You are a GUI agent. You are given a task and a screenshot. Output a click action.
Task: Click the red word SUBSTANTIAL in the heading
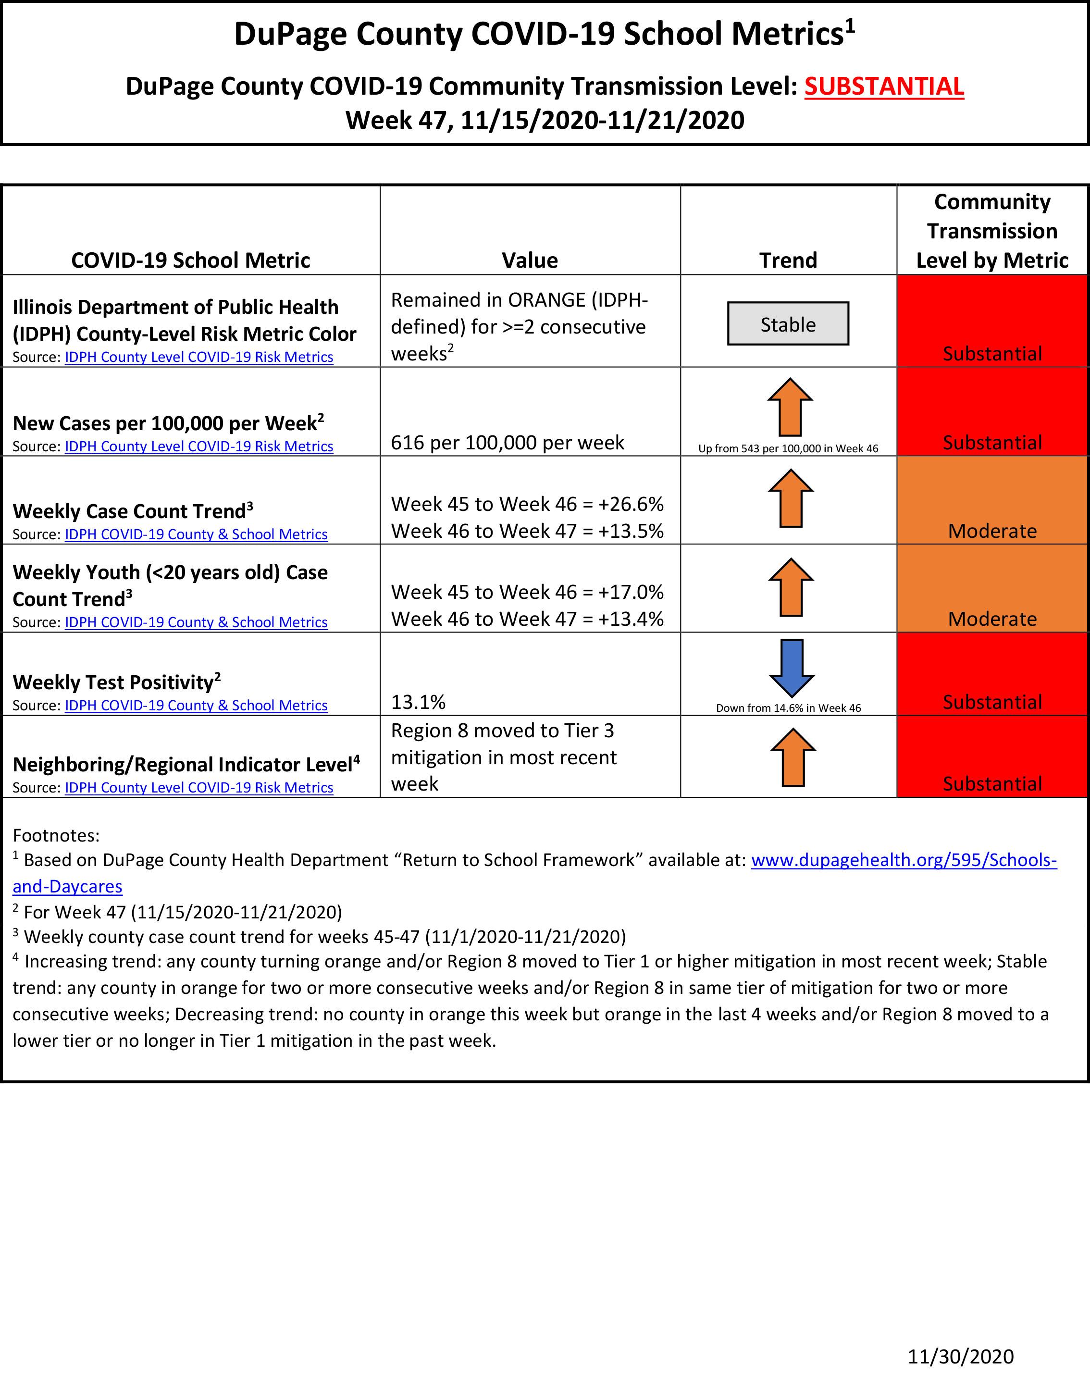(x=883, y=87)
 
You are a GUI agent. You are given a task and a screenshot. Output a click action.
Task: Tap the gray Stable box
(x=788, y=324)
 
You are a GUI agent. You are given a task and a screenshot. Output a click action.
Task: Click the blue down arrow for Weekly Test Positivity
(x=791, y=667)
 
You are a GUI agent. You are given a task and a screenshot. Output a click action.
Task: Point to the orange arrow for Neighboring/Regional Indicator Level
(x=793, y=757)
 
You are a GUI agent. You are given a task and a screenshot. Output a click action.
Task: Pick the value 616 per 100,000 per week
(x=507, y=443)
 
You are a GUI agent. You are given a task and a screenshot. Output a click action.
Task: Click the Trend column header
(x=788, y=260)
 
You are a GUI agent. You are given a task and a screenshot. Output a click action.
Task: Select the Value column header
(x=529, y=260)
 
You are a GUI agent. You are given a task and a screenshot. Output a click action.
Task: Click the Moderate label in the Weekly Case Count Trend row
(x=992, y=531)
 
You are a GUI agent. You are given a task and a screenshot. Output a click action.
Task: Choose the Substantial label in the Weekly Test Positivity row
(x=992, y=702)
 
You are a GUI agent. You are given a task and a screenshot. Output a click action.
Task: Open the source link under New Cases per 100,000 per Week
(x=199, y=446)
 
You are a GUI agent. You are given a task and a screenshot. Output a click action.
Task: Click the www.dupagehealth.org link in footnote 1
(x=903, y=860)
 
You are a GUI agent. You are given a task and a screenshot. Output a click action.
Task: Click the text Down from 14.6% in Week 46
(x=788, y=708)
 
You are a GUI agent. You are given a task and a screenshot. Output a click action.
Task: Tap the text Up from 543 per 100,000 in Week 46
(x=788, y=448)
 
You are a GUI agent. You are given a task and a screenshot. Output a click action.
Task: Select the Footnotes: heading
(x=56, y=835)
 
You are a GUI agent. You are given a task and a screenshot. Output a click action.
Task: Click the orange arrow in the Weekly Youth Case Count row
(x=791, y=587)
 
